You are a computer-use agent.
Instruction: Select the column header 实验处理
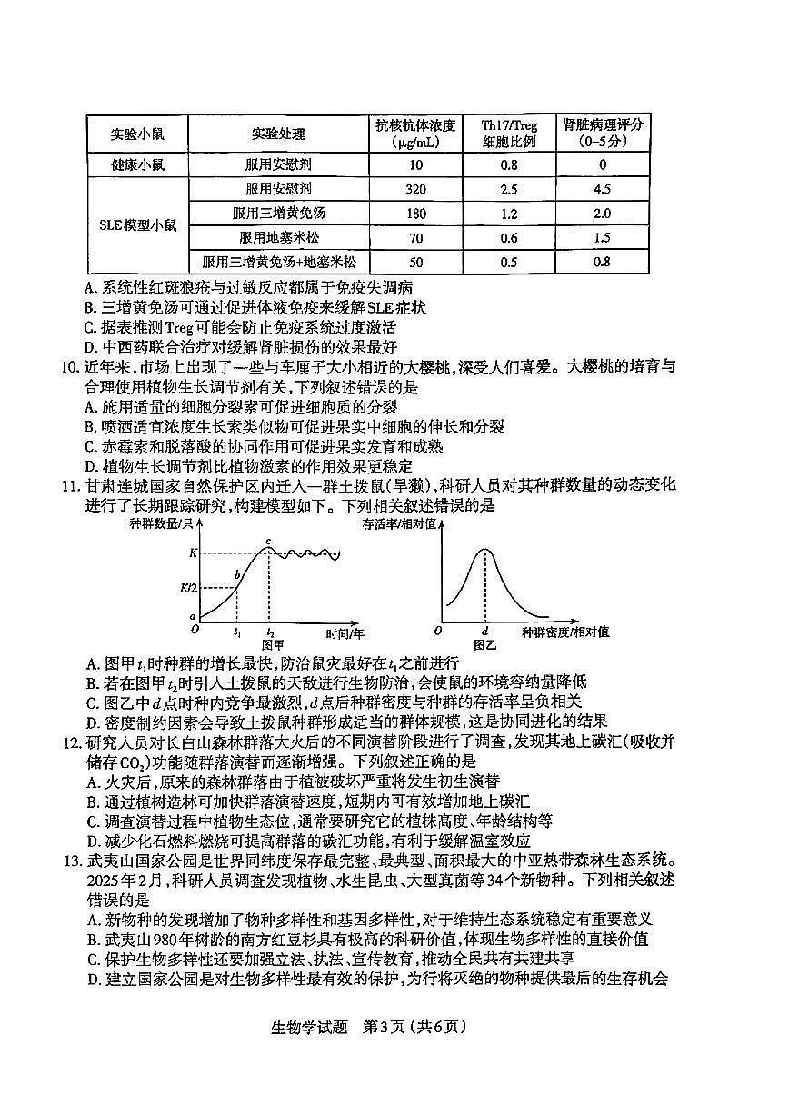(279, 134)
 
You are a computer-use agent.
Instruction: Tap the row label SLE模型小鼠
(137, 224)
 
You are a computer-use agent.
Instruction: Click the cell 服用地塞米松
(279, 238)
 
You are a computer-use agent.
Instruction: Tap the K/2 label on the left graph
(189, 588)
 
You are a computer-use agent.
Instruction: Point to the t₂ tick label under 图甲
(269, 631)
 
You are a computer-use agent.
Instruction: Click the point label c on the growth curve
(268, 543)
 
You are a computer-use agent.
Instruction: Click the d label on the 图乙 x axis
(485, 631)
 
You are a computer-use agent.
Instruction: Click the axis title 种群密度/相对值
(565, 631)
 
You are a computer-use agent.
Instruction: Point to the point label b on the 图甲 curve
(237, 575)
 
